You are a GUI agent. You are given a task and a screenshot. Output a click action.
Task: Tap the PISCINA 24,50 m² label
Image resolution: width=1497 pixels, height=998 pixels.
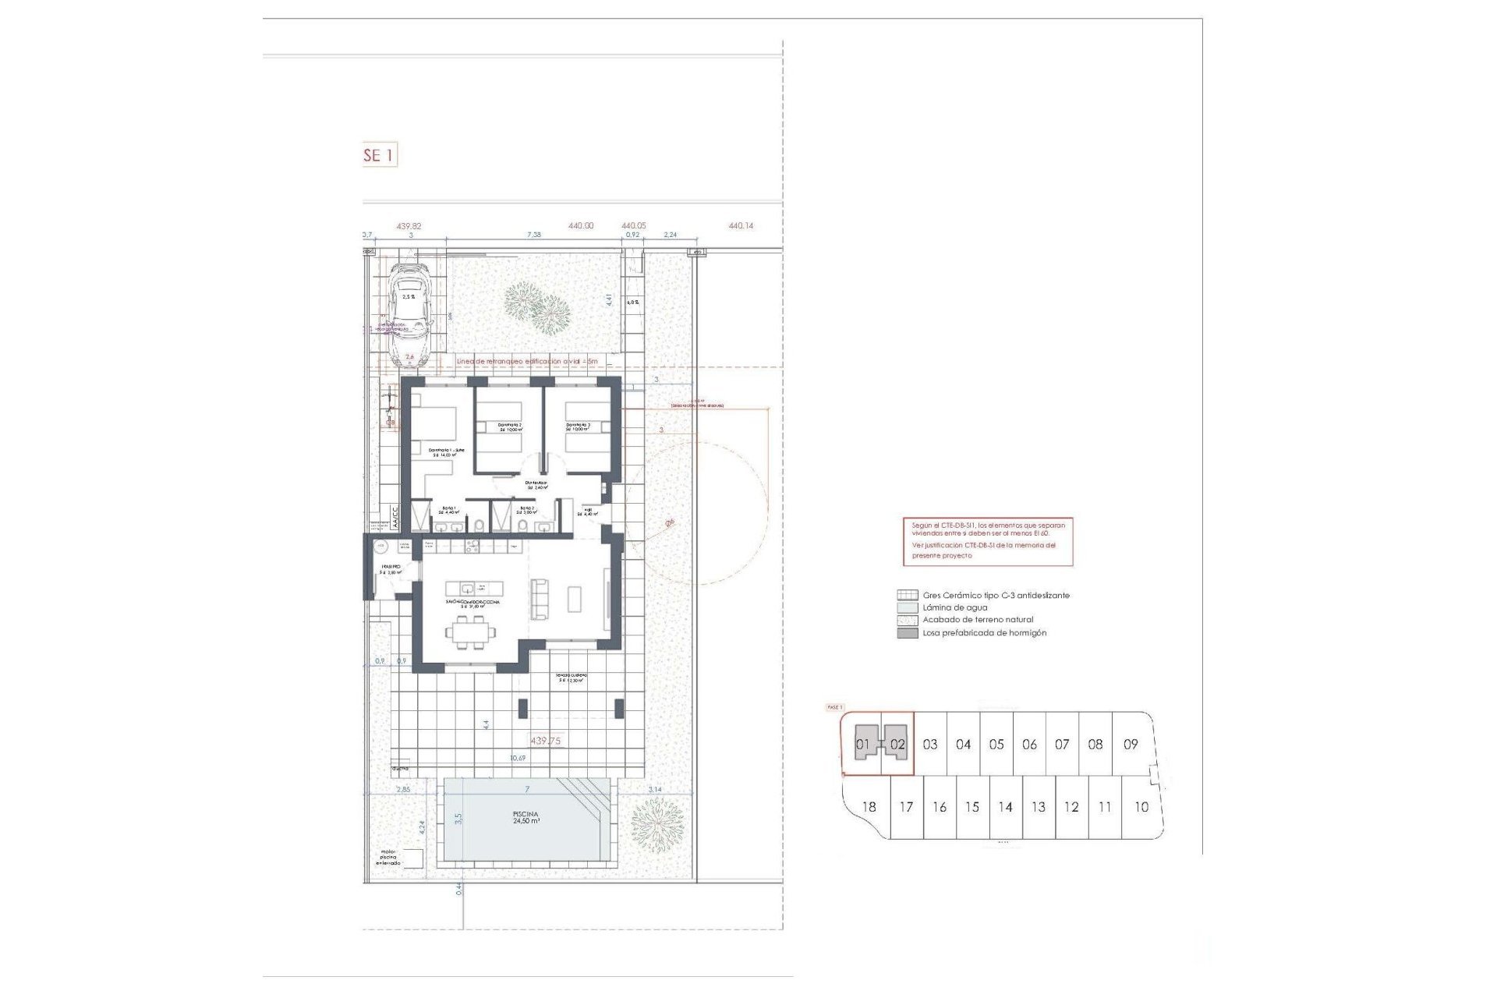tap(526, 817)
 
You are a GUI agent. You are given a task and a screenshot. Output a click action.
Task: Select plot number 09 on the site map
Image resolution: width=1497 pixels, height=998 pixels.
tap(1131, 745)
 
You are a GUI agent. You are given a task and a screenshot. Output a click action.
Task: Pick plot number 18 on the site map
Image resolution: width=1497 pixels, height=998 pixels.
tap(869, 807)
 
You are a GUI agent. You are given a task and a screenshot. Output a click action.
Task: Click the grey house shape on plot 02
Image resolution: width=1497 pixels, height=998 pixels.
tap(895, 742)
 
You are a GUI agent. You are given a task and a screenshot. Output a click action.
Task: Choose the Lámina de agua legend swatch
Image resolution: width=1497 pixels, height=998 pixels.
tap(907, 607)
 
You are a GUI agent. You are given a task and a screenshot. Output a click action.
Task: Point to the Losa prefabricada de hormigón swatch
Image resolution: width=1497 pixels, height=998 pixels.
tap(907, 633)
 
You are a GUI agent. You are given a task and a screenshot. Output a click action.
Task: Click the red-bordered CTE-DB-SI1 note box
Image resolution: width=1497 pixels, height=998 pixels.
tap(988, 541)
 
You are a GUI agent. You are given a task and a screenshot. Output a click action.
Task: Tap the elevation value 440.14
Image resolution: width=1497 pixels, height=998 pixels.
tap(741, 226)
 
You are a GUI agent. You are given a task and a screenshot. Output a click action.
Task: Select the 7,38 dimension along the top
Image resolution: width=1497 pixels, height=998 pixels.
tap(534, 235)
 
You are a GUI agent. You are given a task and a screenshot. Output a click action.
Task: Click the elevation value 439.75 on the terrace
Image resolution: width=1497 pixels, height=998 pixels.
tap(545, 741)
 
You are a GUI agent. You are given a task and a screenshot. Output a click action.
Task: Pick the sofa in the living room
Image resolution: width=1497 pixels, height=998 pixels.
tap(539, 599)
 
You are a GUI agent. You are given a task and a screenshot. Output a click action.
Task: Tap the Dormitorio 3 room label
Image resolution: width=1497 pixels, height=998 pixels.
tap(578, 427)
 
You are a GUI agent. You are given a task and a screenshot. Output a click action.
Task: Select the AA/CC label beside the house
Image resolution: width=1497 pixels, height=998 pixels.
tap(395, 515)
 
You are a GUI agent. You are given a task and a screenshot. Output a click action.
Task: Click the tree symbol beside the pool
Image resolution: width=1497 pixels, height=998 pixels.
tap(656, 826)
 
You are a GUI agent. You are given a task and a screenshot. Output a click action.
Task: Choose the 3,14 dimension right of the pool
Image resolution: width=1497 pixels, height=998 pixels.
tap(655, 790)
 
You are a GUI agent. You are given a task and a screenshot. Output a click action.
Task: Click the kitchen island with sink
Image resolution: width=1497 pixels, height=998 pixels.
tap(474, 588)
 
